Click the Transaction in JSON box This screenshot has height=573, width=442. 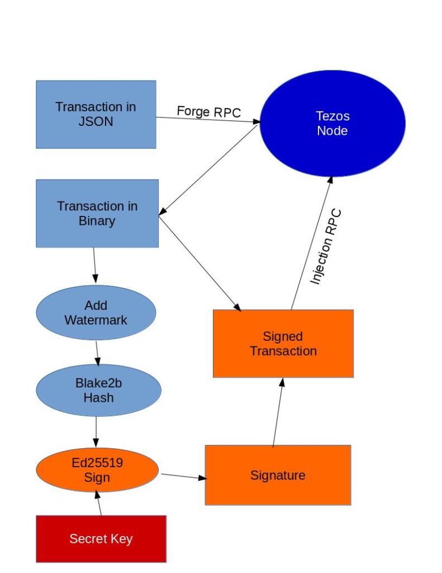[x=96, y=114]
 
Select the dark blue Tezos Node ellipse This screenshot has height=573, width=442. [x=332, y=123]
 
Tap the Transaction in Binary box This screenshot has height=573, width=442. [x=97, y=213]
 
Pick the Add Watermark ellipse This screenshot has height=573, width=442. [x=96, y=313]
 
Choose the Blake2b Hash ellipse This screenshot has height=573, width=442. [x=98, y=390]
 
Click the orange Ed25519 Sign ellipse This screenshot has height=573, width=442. [x=98, y=470]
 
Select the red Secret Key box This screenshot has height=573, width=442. [x=101, y=539]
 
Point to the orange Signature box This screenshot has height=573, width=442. [x=278, y=475]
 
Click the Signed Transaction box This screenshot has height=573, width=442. [x=283, y=344]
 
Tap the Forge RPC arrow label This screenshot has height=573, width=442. [x=208, y=111]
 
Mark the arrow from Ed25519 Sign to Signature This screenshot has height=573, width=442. [x=183, y=477]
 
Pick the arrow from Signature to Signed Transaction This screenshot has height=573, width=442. [x=278, y=412]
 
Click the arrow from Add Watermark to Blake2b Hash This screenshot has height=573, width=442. [x=97, y=352]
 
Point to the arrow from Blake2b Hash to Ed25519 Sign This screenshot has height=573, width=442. [x=97, y=431]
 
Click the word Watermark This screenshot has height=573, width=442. [x=96, y=320]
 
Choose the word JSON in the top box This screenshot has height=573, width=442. [x=96, y=121]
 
